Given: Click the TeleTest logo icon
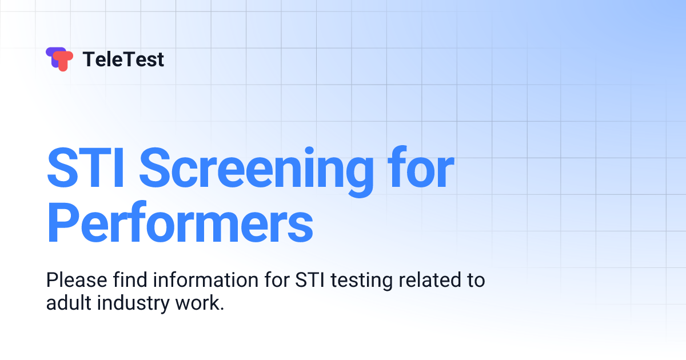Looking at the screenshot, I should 59,59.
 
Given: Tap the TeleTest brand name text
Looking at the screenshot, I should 123,59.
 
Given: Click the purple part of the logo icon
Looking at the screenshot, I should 51,55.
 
